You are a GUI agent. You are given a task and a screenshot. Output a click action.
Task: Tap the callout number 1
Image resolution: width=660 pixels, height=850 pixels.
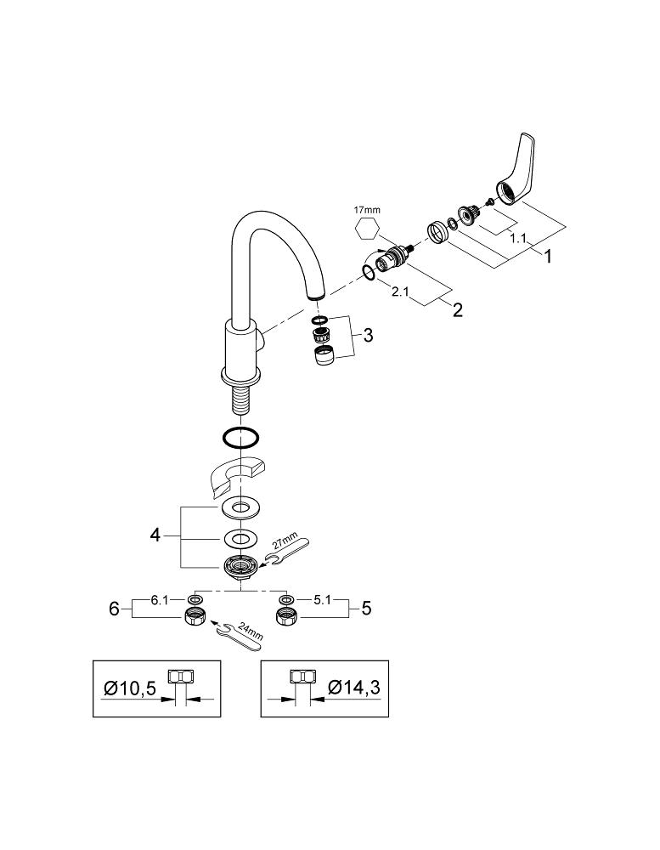[548, 255]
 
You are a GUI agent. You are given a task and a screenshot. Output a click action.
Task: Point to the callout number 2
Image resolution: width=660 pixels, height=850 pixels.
[458, 310]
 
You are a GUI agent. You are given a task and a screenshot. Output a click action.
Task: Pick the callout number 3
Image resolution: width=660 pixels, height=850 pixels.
[367, 335]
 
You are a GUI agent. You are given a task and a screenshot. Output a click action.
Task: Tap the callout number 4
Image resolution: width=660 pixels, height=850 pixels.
[155, 535]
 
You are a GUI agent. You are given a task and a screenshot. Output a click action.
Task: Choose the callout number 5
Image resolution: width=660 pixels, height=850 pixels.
[366, 609]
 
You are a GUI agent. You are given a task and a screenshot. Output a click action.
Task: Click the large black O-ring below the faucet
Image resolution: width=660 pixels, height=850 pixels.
[240, 438]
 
